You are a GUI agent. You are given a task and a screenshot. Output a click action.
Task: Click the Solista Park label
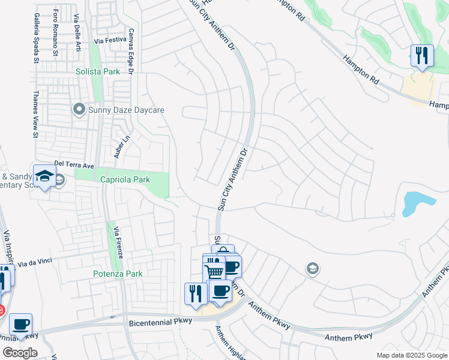click(x=98, y=71)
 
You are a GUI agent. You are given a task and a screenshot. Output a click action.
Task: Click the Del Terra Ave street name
click(x=74, y=163)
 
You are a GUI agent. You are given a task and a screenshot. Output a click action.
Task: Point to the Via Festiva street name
click(x=110, y=41)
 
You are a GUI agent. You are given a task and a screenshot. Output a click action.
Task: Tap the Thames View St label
click(x=35, y=114)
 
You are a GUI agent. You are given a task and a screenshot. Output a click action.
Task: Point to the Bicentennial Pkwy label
click(x=160, y=321)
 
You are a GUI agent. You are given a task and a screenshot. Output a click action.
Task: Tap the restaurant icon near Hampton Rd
click(x=422, y=56)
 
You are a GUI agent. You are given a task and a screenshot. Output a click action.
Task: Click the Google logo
click(x=20, y=353)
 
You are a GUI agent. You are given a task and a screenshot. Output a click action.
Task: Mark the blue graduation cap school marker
click(x=44, y=176)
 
